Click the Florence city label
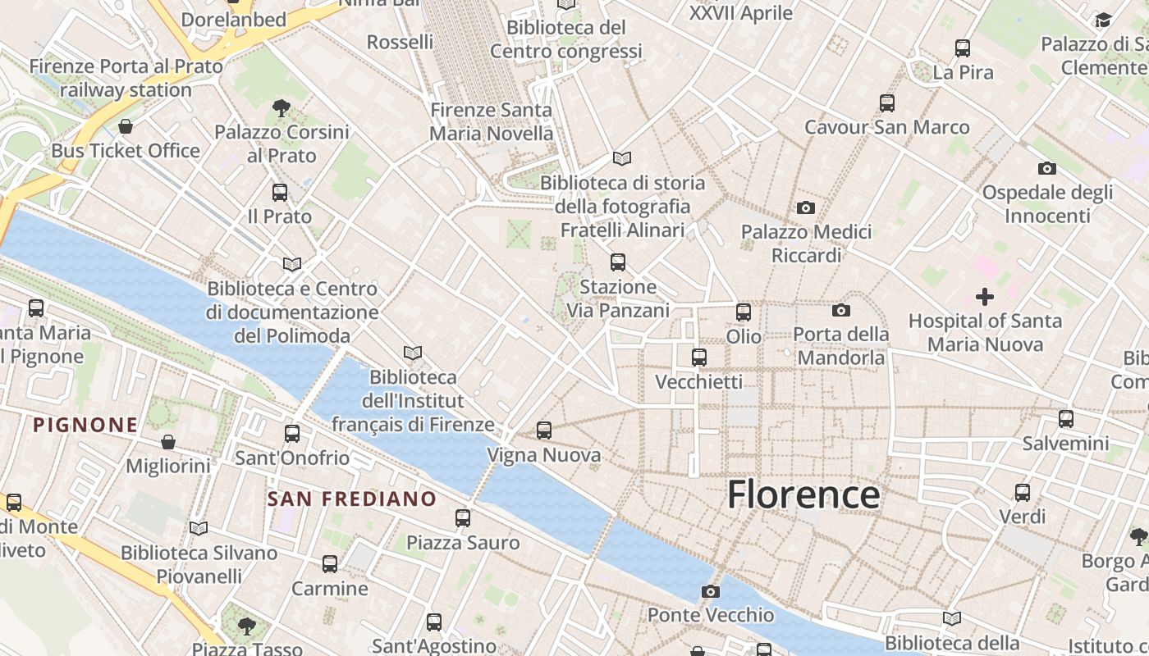click(x=803, y=494)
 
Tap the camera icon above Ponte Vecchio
click(x=711, y=591)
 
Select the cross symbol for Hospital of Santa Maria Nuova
click(x=984, y=297)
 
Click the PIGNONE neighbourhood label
click(x=85, y=425)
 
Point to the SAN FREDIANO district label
click(x=352, y=499)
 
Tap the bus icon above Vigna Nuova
click(x=543, y=430)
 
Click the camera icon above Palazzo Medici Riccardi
click(x=806, y=208)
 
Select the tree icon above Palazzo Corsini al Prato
click(x=282, y=107)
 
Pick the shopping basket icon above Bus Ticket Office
click(x=126, y=126)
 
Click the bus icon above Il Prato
click(x=280, y=193)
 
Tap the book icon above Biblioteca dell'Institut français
click(x=413, y=353)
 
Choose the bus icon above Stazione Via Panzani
click(x=618, y=262)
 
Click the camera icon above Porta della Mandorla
click(x=841, y=310)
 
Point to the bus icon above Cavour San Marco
click(x=887, y=103)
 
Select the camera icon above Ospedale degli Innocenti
click(x=1047, y=168)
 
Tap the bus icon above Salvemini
click(x=1066, y=419)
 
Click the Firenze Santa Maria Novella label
click(x=492, y=121)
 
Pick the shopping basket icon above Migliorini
click(x=168, y=442)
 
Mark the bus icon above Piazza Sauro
click(x=463, y=518)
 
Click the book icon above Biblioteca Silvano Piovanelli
click(x=199, y=528)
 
